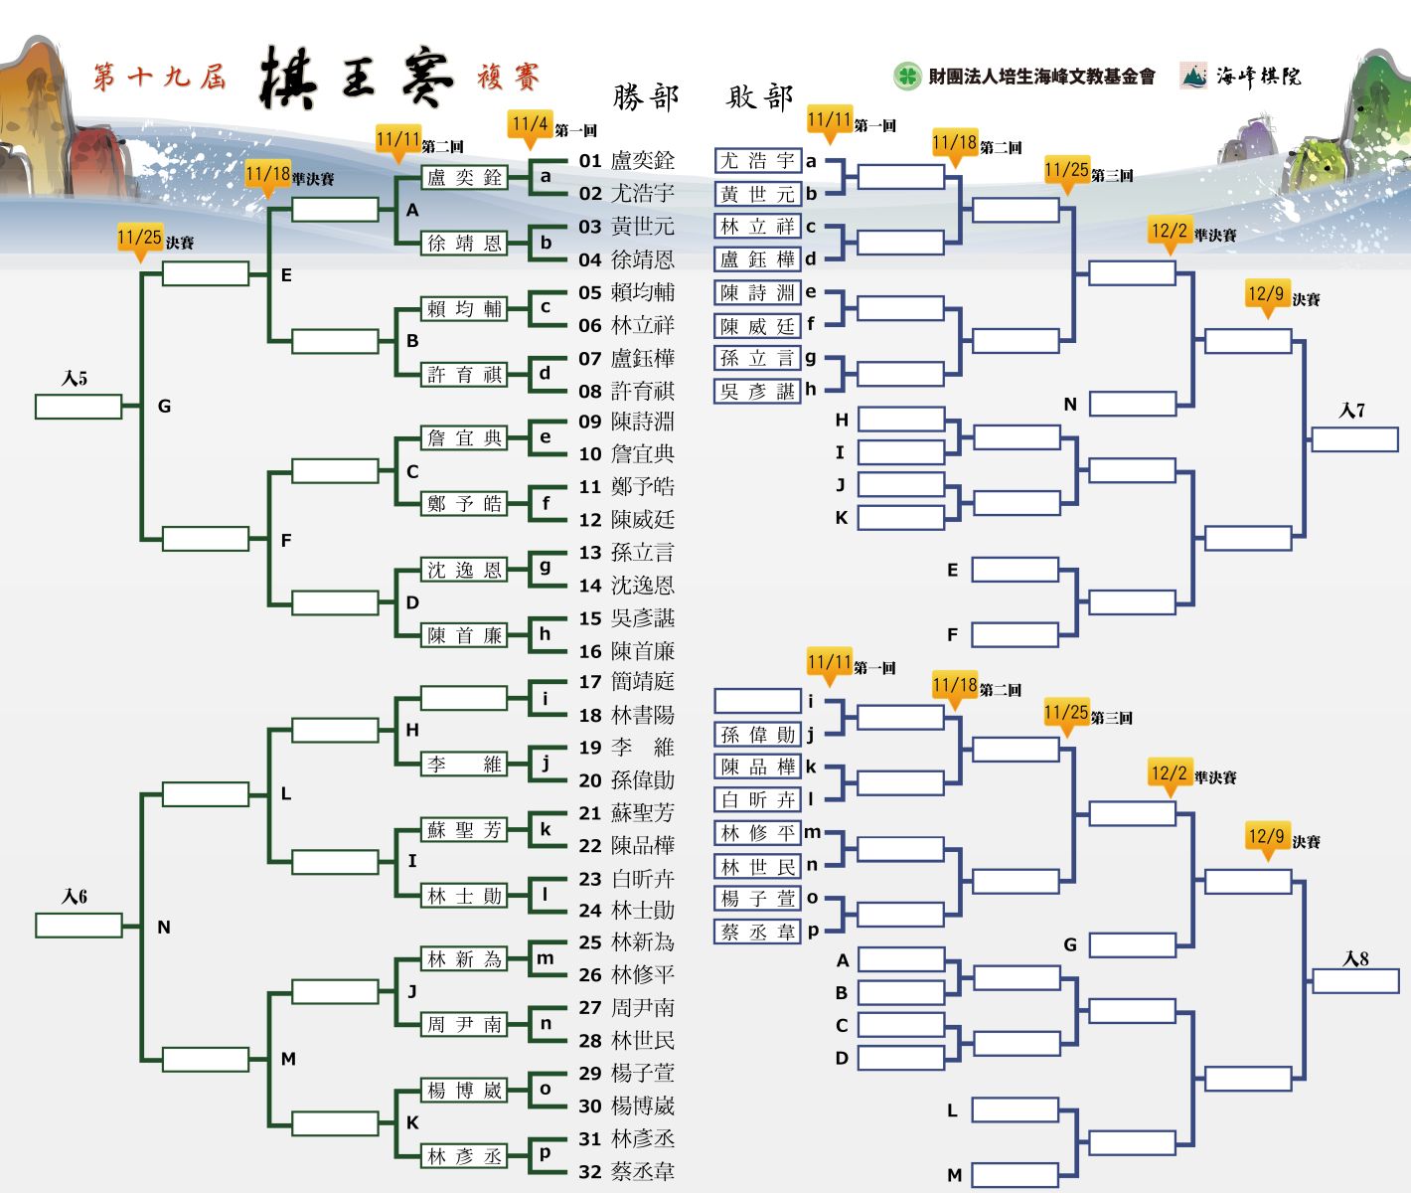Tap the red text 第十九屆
point(160,77)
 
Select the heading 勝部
point(646,96)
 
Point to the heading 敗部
point(760,96)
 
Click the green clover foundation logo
point(907,76)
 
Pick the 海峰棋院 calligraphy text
point(1258,76)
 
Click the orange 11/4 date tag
point(530,124)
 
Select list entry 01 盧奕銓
point(627,161)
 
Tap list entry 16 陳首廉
point(627,651)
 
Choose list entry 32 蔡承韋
point(627,1172)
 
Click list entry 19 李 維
point(627,748)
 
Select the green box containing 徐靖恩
point(464,244)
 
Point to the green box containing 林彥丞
point(464,1156)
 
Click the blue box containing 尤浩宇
point(757,161)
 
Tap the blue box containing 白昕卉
point(757,800)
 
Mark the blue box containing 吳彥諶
point(757,392)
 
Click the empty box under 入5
point(78,407)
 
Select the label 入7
point(1352,411)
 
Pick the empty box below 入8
point(1355,981)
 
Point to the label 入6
point(75,897)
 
